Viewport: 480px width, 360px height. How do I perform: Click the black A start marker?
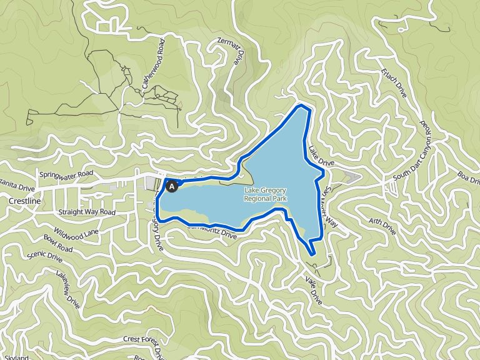tap(172, 186)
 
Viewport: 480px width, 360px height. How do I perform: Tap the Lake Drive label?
tap(321, 156)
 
